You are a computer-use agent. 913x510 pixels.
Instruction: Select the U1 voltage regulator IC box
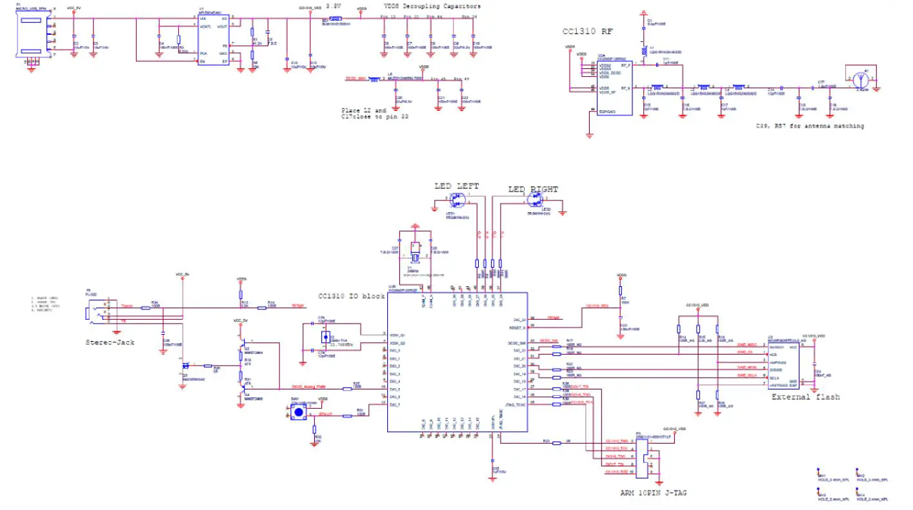[214, 39]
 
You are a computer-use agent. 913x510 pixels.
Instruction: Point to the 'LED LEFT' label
[456, 186]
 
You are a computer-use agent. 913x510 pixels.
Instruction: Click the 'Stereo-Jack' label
[110, 342]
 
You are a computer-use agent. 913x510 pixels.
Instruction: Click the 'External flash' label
[805, 397]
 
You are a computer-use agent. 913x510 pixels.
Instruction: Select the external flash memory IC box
[783, 364]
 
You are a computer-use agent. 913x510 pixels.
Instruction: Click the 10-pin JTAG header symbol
[641, 456]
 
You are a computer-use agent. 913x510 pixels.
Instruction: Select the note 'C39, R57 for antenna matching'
[810, 126]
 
